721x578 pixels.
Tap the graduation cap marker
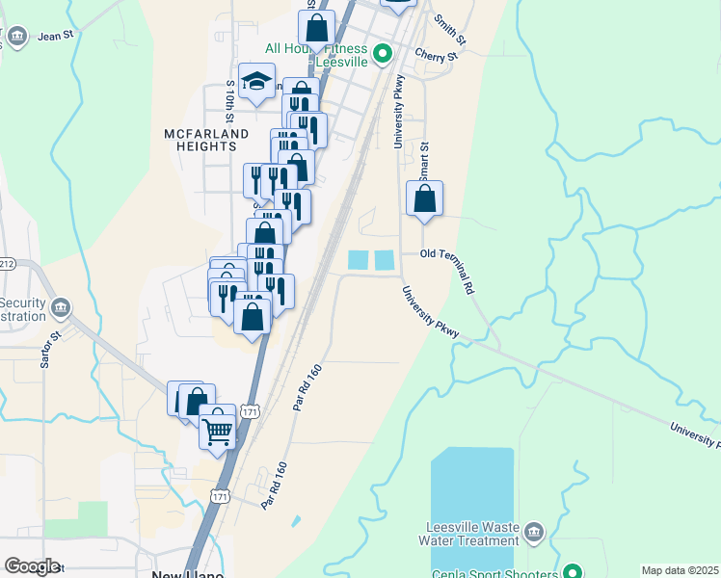coord(256,81)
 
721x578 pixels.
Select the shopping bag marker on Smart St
coord(424,199)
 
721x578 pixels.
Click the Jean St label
coord(56,36)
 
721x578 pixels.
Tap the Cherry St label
coord(435,57)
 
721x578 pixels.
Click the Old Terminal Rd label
coord(449,261)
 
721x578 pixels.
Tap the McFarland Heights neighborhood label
coord(194,140)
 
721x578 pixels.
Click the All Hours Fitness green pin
coord(383,52)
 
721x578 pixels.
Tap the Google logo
coord(32,566)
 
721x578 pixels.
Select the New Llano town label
coord(188,574)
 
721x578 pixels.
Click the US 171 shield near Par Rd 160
coord(249,411)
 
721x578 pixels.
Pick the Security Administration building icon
coord(61,308)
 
